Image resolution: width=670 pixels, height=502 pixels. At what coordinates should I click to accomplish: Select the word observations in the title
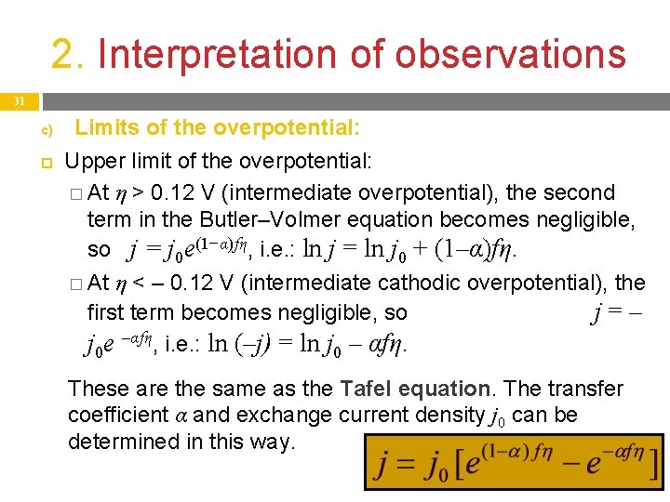point(510,54)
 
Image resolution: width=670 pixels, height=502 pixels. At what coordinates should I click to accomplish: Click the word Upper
point(91,161)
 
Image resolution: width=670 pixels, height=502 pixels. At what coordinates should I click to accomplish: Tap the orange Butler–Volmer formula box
point(514,461)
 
